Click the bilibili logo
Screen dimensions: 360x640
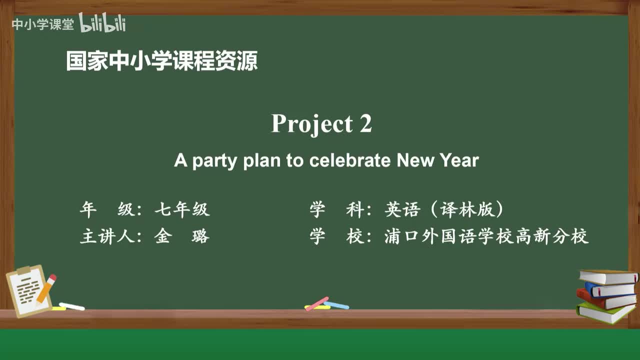[102, 23]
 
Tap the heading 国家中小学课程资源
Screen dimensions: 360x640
[162, 61]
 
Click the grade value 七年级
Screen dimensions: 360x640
[182, 209]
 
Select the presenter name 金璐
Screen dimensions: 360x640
[182, 236]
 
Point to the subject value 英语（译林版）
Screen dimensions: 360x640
[444, 209]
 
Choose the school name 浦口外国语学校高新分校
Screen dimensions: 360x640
[486, 236]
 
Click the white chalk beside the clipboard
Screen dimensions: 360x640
[71, 306]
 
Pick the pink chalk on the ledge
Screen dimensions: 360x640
[317, 303]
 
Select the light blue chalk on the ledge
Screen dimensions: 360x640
[336, 304]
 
